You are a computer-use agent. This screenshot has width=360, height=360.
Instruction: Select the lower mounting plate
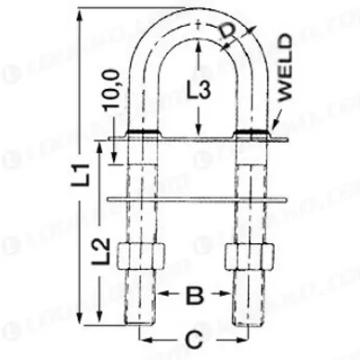pos(194,198)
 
